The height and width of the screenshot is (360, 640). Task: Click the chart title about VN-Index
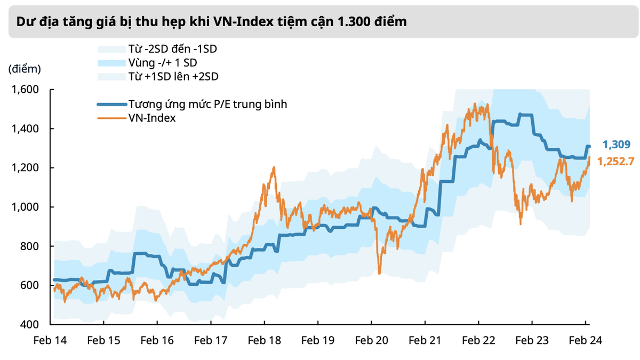click(x=211, y=22)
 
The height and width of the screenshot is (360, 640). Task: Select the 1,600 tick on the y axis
click(x=26, y=90)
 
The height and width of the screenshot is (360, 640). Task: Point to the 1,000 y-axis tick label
click(x=26, y=207)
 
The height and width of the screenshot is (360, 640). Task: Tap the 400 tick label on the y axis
click(x=30, y=324)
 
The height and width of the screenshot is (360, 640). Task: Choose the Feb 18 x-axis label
click(x=264, y=341)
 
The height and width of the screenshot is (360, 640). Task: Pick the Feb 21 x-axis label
click(x=425, y=341)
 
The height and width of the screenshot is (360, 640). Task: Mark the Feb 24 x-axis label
click(x=586, y=341)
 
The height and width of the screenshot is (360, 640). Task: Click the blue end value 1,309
click(x=617, y=144)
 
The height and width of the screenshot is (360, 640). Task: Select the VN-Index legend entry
click(x=152, y=118)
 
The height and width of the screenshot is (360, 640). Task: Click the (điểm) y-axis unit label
click(x=25, y=69)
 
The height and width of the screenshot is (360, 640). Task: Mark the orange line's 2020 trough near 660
click(x=379, y=273)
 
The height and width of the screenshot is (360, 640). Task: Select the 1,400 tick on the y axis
click(x=26, y=129)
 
